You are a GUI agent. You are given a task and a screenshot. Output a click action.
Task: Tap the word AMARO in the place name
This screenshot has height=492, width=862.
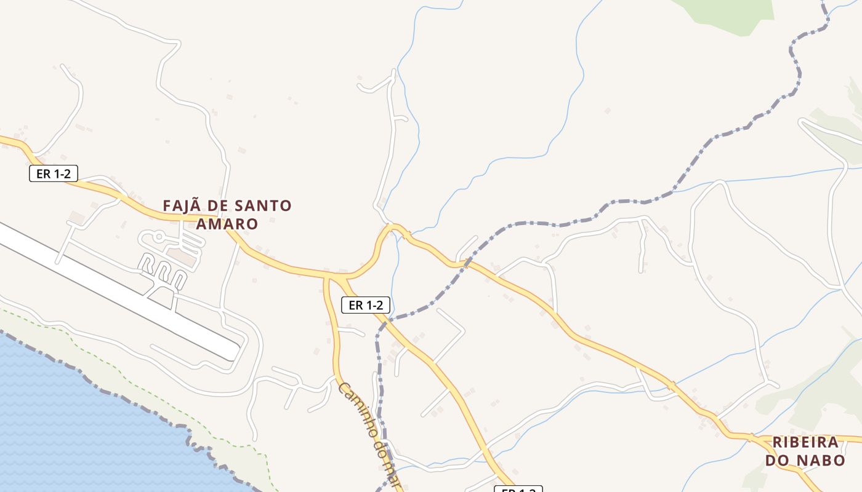(x=227, y=223)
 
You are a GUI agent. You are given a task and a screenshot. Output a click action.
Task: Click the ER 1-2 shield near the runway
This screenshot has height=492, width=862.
(x=54, y=173)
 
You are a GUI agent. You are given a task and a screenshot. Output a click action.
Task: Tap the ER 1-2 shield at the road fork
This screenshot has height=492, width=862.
(x=366, y=304)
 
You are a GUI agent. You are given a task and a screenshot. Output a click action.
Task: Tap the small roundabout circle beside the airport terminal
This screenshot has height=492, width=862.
(x=159, y=236)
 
